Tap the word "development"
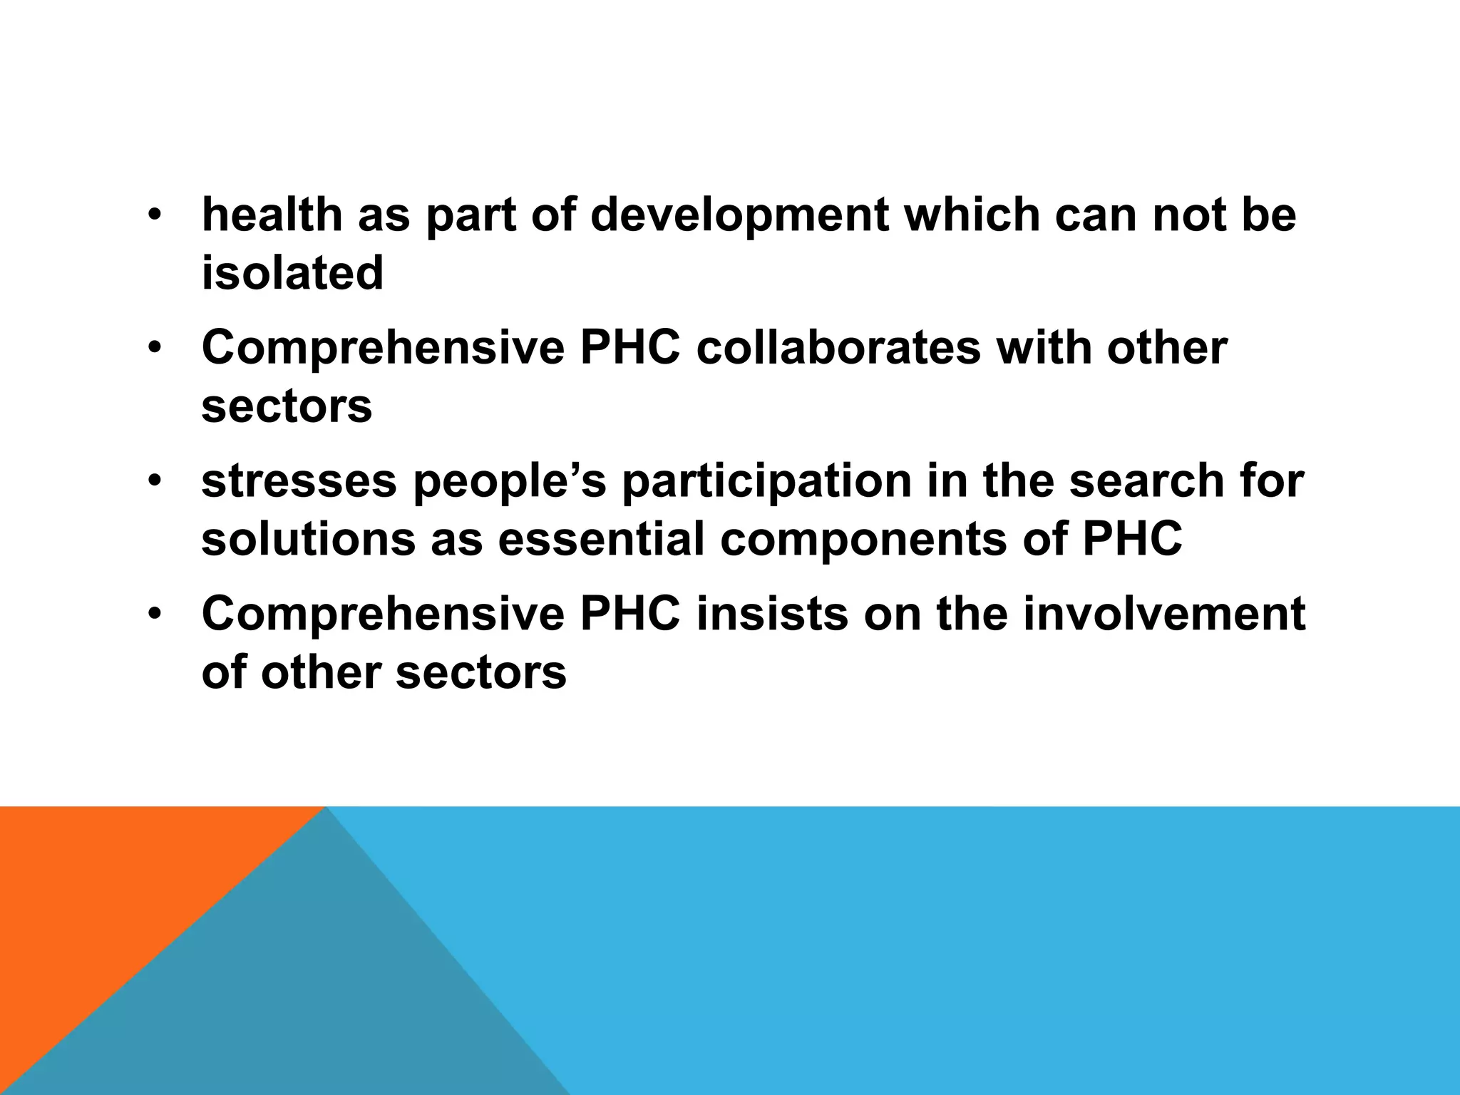(740, 216)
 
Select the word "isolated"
(292, 273)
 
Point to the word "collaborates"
(838, 349)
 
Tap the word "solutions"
(308, 539)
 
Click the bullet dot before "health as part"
(155, 215)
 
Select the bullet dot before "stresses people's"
(155, 482)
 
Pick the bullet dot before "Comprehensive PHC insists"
(155, 614)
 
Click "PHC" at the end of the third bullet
(1132, 539)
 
